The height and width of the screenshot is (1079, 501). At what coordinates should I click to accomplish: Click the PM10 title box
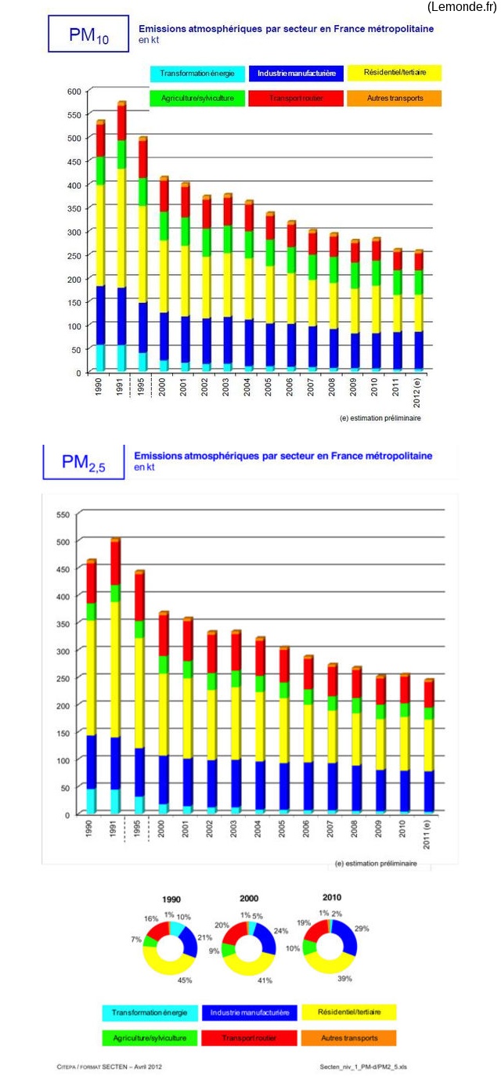pyautogui.click(x=88, y=34)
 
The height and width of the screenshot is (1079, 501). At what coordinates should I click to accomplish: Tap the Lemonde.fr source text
pyautogui.click(x=462, y=7)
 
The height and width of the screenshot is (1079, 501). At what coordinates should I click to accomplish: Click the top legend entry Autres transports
pyautogui.click(x=395, y=99)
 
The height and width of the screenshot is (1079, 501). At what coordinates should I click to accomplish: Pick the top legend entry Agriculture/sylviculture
pyautogui.click(x=197, y=99)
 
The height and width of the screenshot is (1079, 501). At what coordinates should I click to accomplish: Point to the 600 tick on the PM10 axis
pyautogui.click(x=74, y=92)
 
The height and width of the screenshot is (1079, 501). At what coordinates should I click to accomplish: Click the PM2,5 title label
pyautogui.click(x=83, y=462)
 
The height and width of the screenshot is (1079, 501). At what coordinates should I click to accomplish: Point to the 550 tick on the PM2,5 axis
pyautogui.click(x=62, y=514)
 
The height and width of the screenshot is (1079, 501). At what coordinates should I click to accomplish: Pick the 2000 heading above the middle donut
pyautogui.click(x=248, y=899)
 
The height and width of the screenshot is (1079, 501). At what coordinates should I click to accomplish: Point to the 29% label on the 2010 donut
pyautogui.click(x=362, y=929)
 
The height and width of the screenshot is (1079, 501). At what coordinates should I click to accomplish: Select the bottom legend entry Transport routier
pyautogui.click(x=249, y=1037)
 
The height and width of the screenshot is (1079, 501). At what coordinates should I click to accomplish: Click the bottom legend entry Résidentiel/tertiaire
pyautogui.click(x=348, y=1012)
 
